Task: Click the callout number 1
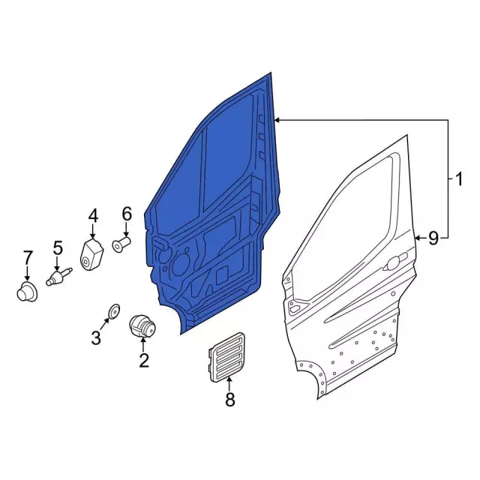[457, 180]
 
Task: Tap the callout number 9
[433, 238]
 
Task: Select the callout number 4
[93, 216]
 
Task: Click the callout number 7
[28, 258]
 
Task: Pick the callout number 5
[58, 247]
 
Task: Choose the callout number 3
[96, 338]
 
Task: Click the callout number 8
[229, 400]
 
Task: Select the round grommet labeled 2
[142, 326]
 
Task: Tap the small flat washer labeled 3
[114, 310]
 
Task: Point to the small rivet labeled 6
[121, 244]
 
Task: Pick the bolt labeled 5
[58, 277]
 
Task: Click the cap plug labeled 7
[28, 291]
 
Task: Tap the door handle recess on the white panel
[393, 265]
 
